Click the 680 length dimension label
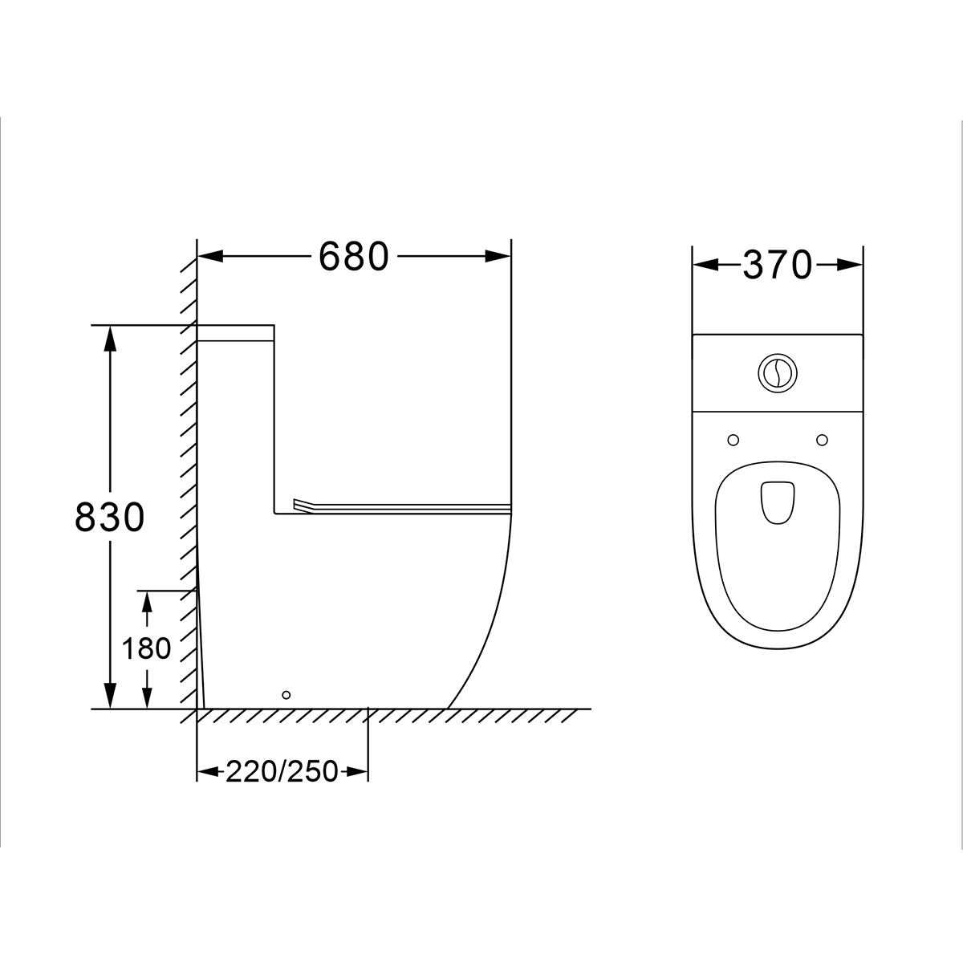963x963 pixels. [x=353, y=256]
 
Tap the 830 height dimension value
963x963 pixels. [x=109, y=518]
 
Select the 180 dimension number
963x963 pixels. [x=146, y=649]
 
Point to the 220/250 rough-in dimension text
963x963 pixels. [x=282, y=771]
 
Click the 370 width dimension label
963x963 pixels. [x=777, y=265]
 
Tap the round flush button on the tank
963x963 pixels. [x=777, y=373]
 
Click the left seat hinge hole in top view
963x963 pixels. [x=733, y=441]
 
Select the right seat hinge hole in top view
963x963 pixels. [x=822, y=441]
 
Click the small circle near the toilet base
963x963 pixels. [x=286, y=695]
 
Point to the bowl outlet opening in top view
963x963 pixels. [x=777, y=502]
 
